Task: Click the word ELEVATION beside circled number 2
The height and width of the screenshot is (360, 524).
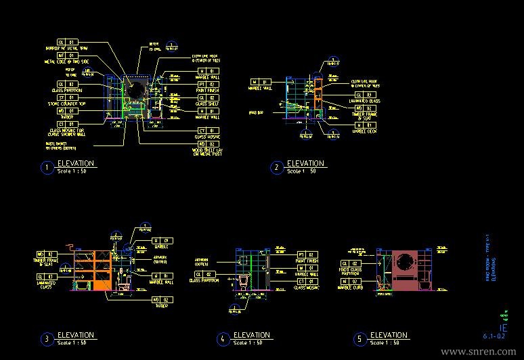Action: pos(306,164)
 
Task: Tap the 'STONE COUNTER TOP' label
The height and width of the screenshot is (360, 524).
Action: pos(74,104)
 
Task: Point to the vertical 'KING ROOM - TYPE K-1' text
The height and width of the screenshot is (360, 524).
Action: pos(488,258)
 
